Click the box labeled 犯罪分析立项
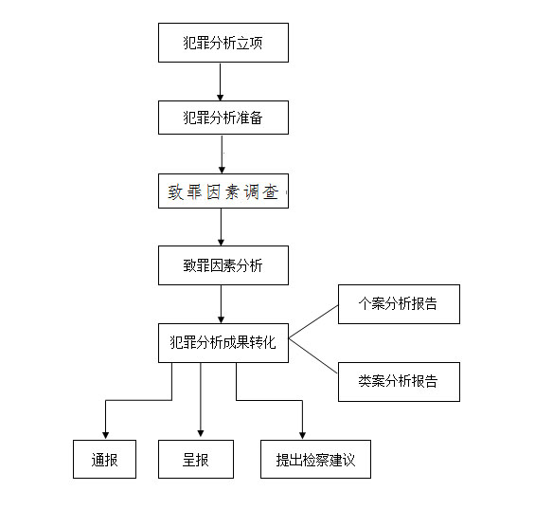223,43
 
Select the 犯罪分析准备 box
223,118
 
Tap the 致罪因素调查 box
223,191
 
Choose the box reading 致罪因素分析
223,265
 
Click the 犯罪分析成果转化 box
223,343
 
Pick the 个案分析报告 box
399,304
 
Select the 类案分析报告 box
399,382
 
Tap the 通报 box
104,459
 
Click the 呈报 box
196,459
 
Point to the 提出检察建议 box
315,459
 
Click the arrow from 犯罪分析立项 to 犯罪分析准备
220,82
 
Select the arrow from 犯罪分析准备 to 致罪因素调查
222,155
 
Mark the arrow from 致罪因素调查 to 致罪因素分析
221,227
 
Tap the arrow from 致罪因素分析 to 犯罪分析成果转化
221,304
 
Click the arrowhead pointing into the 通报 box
105,435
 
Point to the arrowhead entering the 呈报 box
201,433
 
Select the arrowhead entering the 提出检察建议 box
302,435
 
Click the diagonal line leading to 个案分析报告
313,321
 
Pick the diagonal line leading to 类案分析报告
313,355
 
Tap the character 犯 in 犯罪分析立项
189,43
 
